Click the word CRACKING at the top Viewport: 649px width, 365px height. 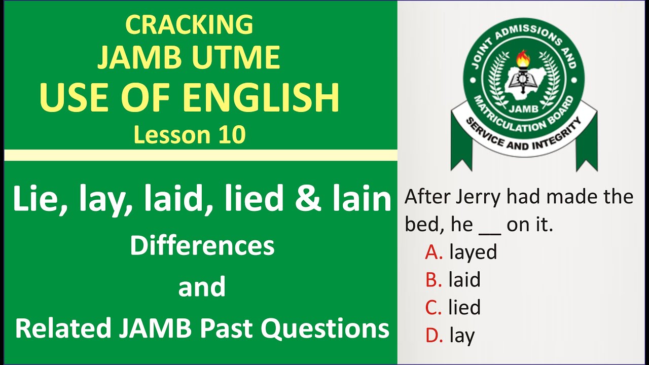189,24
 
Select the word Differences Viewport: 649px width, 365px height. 202,246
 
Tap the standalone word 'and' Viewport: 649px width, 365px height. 202,287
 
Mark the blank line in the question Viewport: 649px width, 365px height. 490,231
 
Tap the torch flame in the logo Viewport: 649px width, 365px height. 523,59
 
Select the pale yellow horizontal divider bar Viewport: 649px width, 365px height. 201,155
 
